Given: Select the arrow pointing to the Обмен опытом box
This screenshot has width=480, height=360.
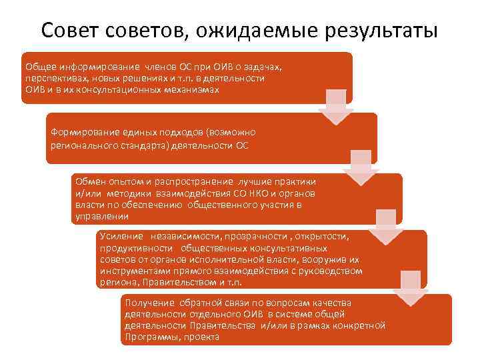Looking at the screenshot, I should [361, 167].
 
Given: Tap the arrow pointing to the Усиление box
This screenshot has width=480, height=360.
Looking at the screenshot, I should [386, 227].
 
